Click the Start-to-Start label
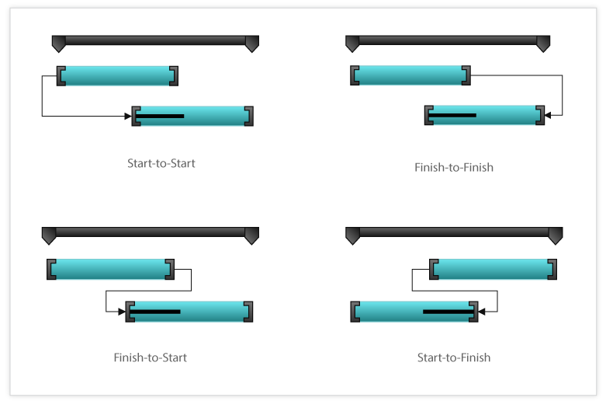[x=161, y=163]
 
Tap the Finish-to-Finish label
[x=454, y=167]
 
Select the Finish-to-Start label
[x=150, y=357]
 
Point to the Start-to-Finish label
[x=454, y=357]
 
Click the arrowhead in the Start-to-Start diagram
[x=128, y=116]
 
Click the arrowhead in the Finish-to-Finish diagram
[x=548, y=115]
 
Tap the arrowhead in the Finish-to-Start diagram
[x=122, y=312]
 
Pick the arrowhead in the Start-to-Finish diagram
[x=482, y=312]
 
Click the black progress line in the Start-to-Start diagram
[x=160, y=116]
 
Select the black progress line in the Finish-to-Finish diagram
[x=452, y=115]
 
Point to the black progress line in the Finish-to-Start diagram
[x=155, y=312]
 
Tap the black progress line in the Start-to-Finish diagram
[x=448, y=312]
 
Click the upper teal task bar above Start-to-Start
[x=117, y=76]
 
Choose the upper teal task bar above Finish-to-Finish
[x=410, y=75]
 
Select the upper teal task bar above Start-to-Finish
[x=493, y=270]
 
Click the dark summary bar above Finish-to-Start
[x=151, y=233]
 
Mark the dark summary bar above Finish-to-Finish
[x=448, y=40]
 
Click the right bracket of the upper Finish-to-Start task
[x=170, y=270]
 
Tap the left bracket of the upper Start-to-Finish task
[x=434, y=270]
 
